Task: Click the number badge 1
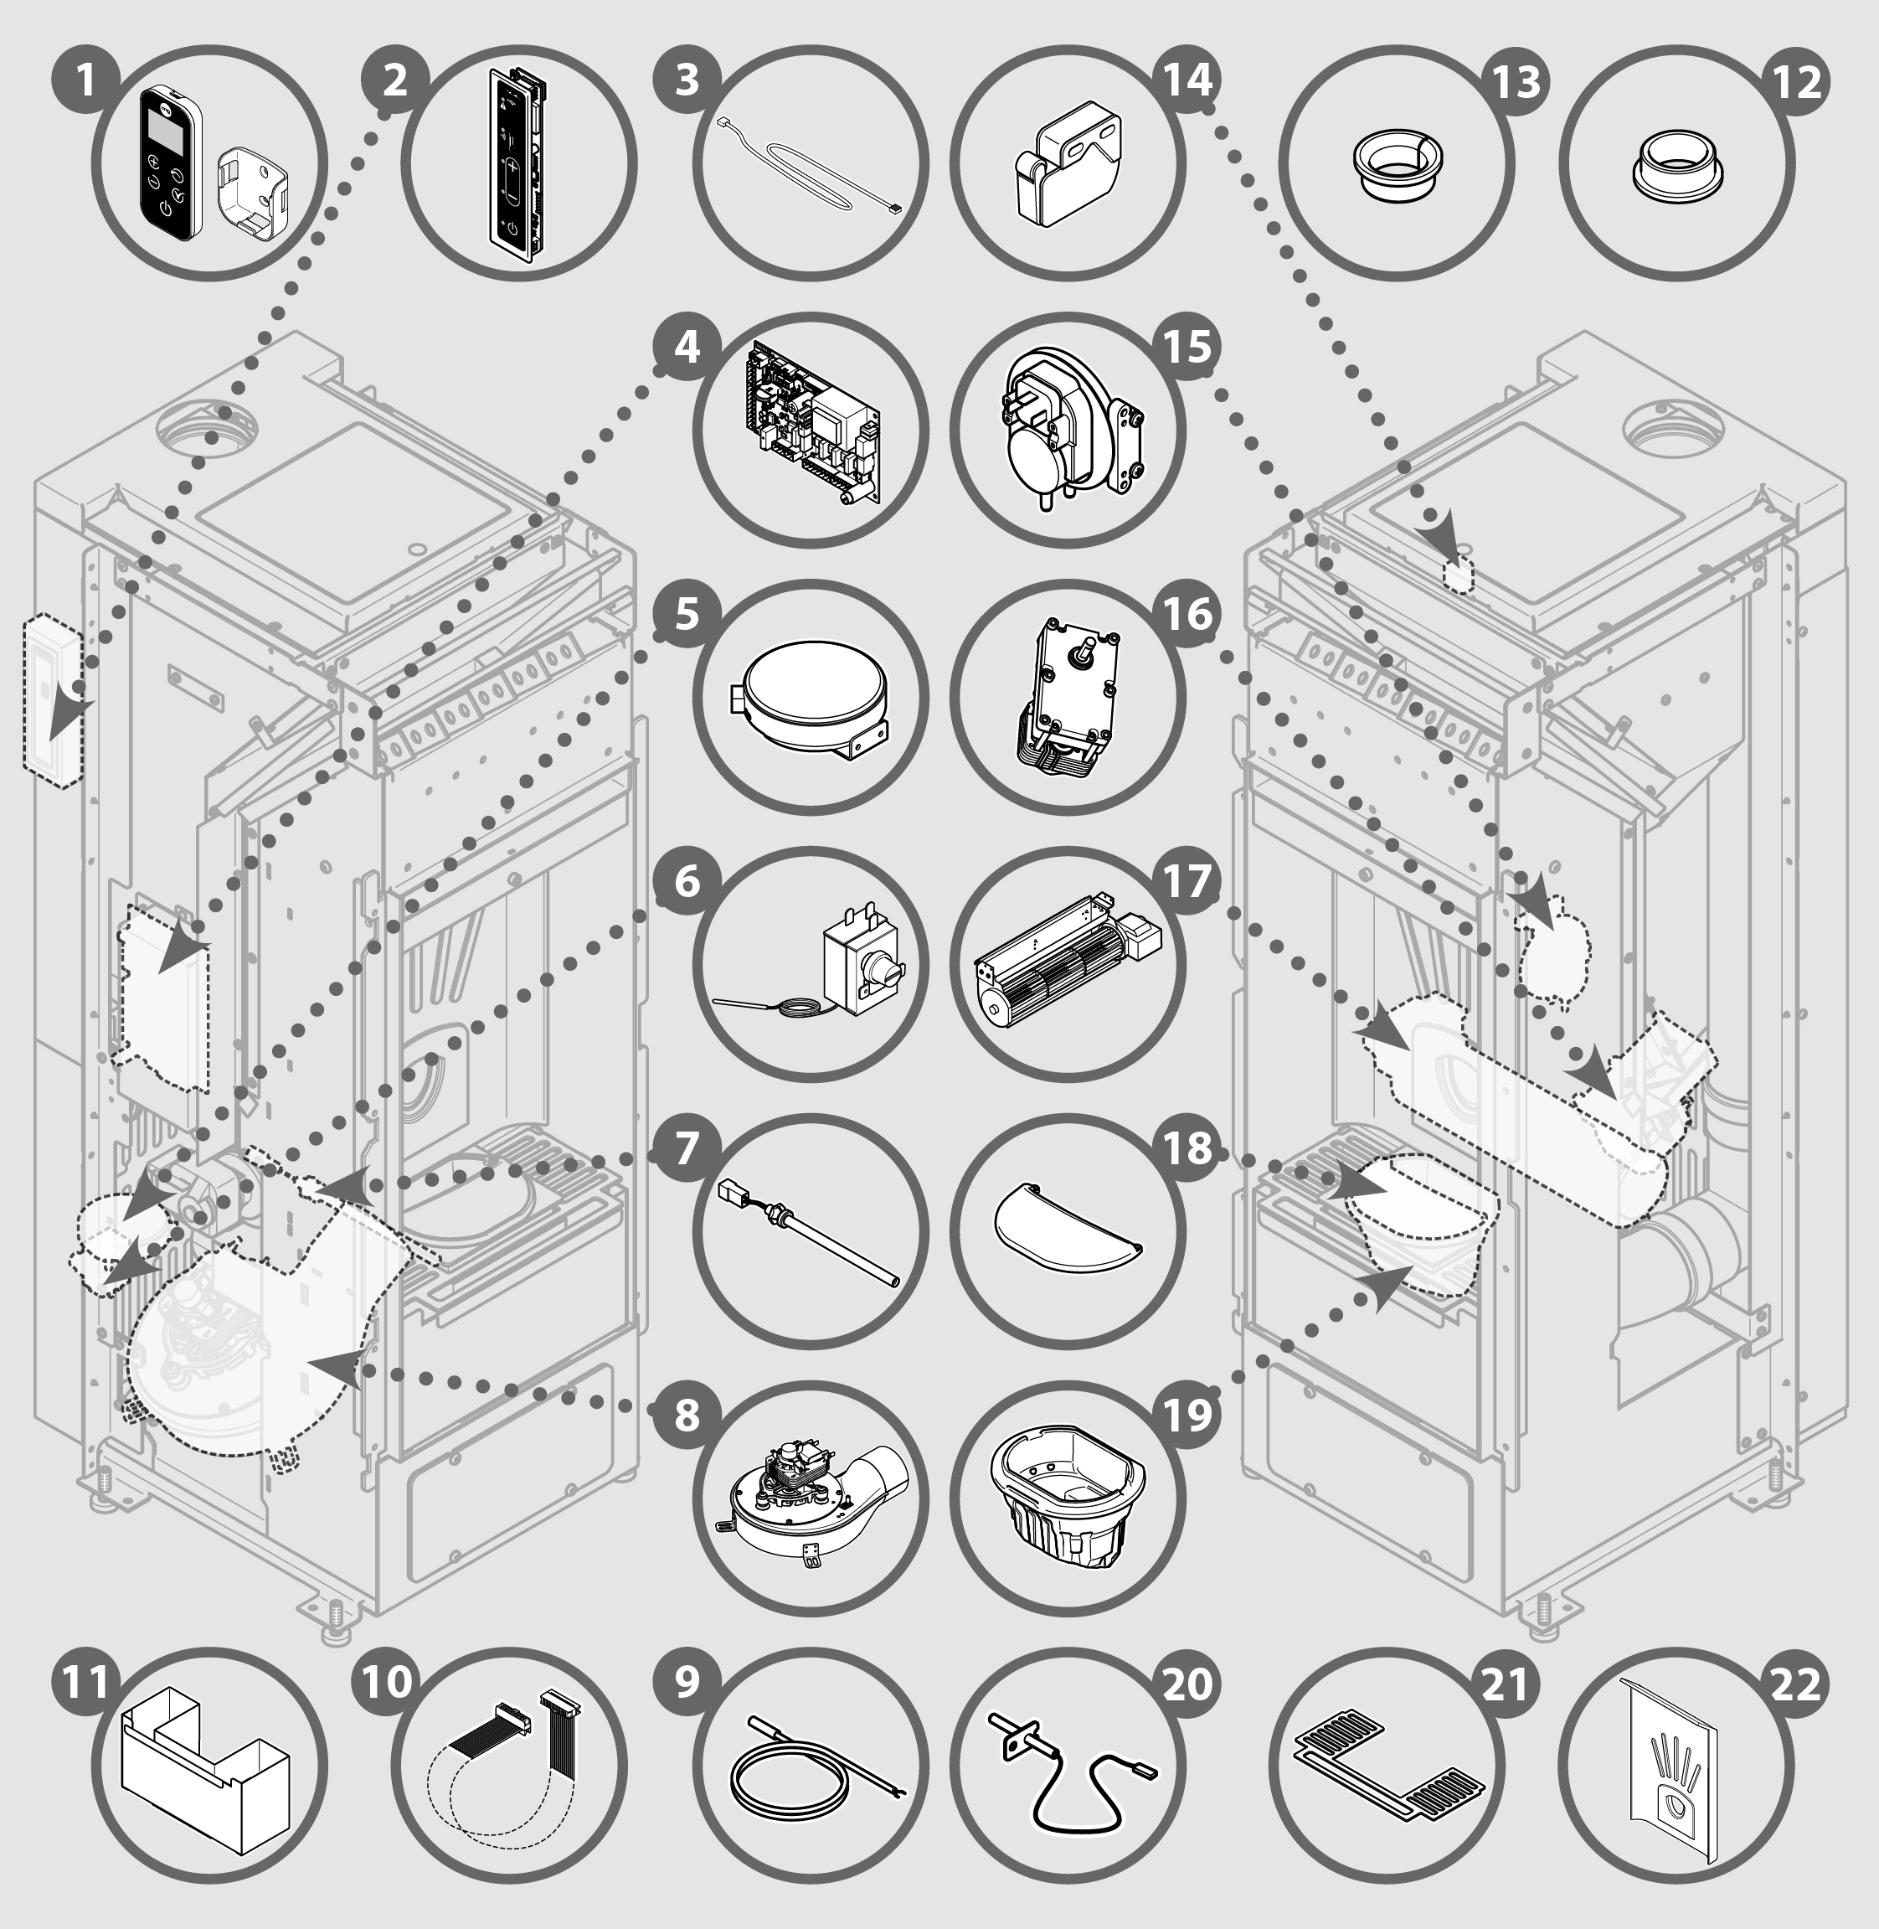(x=86, y=80)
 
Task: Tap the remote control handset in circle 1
(x=170, y=162)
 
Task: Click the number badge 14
(x=1188, y=80)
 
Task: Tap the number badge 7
(x=687, y=1148)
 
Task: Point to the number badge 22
(x=1796, y=1684)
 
